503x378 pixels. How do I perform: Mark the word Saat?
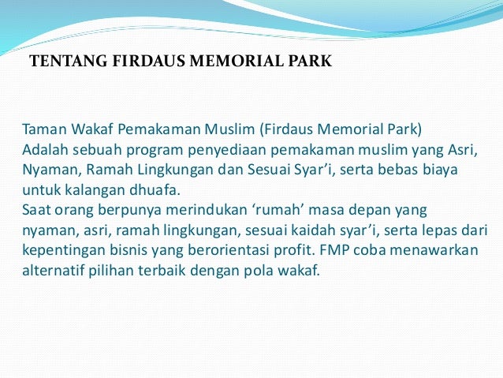click(37, 211)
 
